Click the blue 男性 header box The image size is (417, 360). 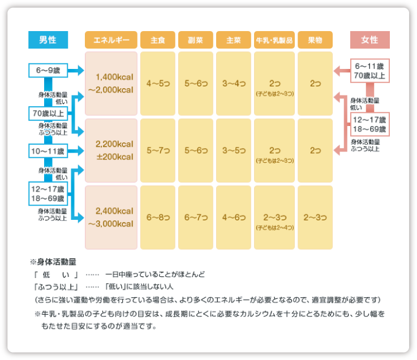48,40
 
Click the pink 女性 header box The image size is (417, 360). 369,40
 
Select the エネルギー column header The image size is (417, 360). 111,40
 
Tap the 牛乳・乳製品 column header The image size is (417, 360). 274,40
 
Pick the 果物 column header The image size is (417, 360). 315,40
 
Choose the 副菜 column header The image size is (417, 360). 196,40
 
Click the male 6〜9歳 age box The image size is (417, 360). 48,71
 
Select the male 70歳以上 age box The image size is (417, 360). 48,114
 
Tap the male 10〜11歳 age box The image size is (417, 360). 48,151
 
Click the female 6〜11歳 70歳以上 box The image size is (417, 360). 369,71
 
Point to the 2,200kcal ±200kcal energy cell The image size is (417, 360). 111,150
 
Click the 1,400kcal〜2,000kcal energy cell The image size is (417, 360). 111,84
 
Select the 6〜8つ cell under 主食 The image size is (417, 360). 158,218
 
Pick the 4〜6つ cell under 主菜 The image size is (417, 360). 234,218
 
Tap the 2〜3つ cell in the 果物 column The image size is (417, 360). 315,218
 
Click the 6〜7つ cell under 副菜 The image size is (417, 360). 196,218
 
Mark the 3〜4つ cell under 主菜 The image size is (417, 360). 234,84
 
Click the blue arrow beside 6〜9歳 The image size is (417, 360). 76,71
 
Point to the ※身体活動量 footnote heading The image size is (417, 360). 53,262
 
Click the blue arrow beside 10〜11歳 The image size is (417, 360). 76,151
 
